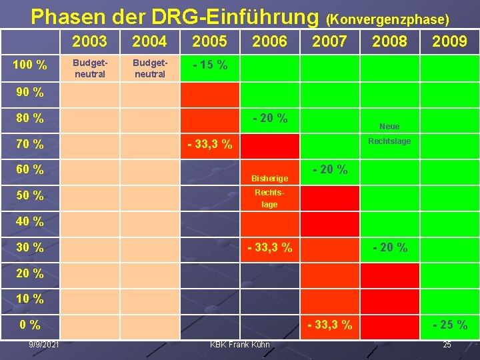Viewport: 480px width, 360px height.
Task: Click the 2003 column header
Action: pos(89,41)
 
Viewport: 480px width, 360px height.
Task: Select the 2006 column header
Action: pos(269,41)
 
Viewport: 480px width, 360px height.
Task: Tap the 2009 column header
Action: pos(449,41)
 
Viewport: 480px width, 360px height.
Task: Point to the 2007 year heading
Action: pos(329,41)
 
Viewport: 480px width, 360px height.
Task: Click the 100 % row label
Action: pos(30,65)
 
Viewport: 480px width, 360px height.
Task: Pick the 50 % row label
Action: pos(30,195)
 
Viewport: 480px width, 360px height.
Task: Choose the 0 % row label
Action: pos(30,325)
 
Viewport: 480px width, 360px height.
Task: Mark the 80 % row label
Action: pos(30,119)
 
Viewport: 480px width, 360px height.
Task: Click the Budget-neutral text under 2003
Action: pos(90,68)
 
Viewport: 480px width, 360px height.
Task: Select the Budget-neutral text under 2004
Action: pos(150,68)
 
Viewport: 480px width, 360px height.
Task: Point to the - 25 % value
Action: pos(450,325)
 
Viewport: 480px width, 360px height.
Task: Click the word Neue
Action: pos(389,127)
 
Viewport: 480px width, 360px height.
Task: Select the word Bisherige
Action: pos(269,179)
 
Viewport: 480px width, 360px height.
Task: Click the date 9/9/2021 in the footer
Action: pos(43,344)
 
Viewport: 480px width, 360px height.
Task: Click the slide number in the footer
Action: pos(447,344)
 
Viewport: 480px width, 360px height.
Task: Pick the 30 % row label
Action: pos(30,247)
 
